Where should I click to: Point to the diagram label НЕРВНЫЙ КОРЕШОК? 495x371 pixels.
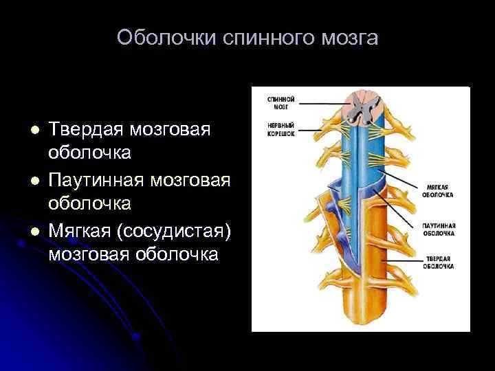click(x=281, y=130)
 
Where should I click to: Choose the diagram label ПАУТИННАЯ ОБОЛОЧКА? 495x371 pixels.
click(x=440, y=229)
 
